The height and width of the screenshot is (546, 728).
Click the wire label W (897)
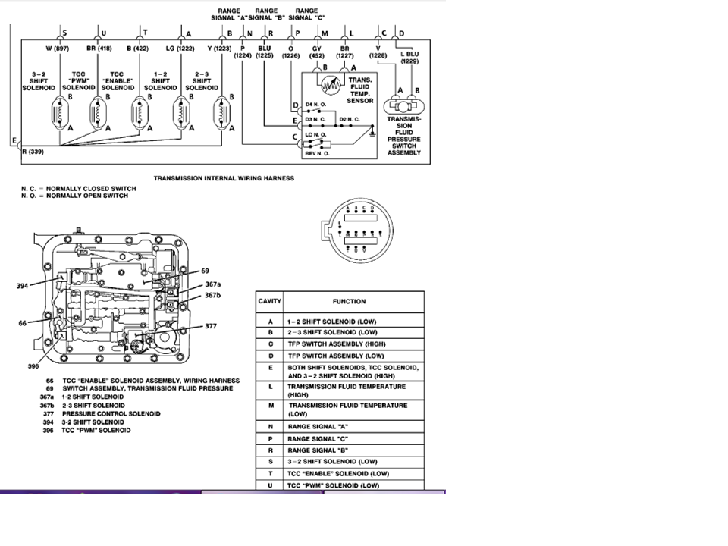coord(58,49)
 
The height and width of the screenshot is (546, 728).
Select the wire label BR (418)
coord(99,49)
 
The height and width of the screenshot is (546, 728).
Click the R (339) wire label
coord(33,152)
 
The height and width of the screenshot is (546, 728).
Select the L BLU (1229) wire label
coord(409,58)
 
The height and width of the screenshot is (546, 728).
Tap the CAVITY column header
coord(270,301)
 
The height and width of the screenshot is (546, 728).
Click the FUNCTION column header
coord(348,301)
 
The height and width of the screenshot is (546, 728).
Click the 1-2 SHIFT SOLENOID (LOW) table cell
coord(331,322)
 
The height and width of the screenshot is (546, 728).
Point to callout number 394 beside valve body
coord(23,287)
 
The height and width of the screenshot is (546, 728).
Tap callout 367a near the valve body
coord(212,284)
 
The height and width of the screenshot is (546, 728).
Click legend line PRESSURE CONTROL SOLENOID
coord(111,414)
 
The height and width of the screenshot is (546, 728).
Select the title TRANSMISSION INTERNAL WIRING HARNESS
coord(224,179)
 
